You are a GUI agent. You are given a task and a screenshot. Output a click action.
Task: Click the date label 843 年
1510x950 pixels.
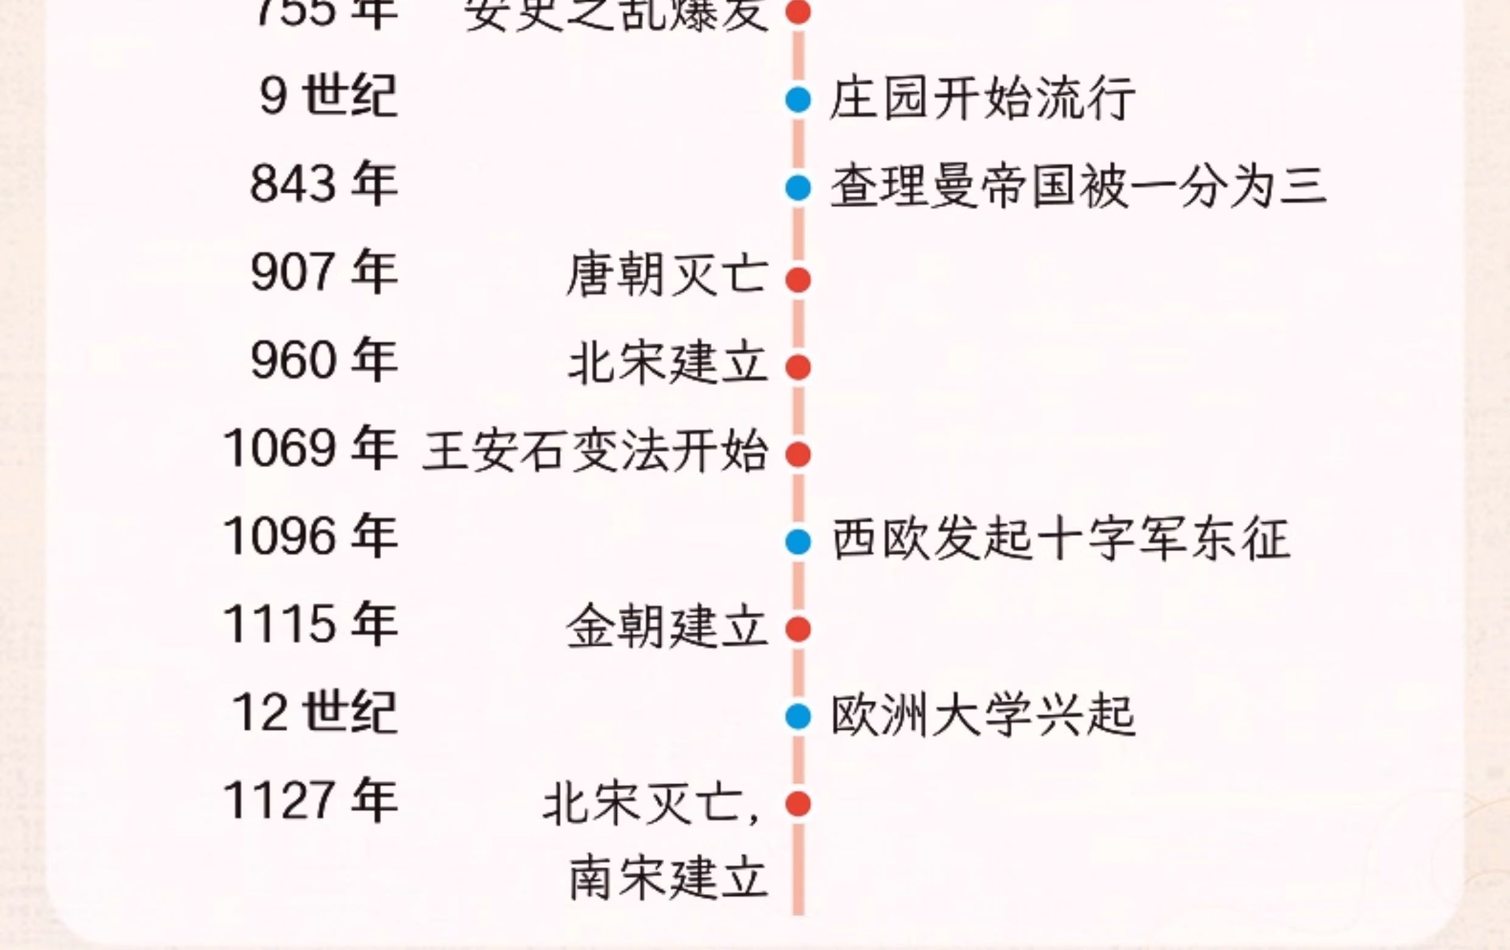tap(323, 184)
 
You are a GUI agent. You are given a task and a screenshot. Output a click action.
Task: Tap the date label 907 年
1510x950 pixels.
tap(323, 272)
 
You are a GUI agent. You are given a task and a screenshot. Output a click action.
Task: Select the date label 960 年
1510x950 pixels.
tap(323, 361)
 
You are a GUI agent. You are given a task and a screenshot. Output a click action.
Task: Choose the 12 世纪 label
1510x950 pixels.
tap(315, 714)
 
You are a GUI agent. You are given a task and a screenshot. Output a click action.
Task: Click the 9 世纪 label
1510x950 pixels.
tap(329, 96)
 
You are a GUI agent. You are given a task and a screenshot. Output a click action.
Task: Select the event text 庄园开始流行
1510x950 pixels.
tap(982, 99)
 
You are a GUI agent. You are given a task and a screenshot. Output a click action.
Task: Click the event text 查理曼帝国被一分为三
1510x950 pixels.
tap(1078, 186)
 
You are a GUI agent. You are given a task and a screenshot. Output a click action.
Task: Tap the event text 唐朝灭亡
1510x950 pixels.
tap(667, 275)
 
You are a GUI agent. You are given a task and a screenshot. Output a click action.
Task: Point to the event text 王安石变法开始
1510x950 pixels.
tap(595, 451)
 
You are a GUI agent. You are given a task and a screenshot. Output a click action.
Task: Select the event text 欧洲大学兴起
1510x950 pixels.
tap(983, 716)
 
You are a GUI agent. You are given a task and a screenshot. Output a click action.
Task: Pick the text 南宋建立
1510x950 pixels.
tap(669, 879)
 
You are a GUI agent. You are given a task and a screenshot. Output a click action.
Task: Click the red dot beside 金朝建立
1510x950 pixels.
tap(798, 629)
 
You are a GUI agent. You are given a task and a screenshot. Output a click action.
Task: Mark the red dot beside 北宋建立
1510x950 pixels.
tap(798, 367)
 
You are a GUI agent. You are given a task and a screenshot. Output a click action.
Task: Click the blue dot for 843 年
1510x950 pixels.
tap(798, 188)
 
